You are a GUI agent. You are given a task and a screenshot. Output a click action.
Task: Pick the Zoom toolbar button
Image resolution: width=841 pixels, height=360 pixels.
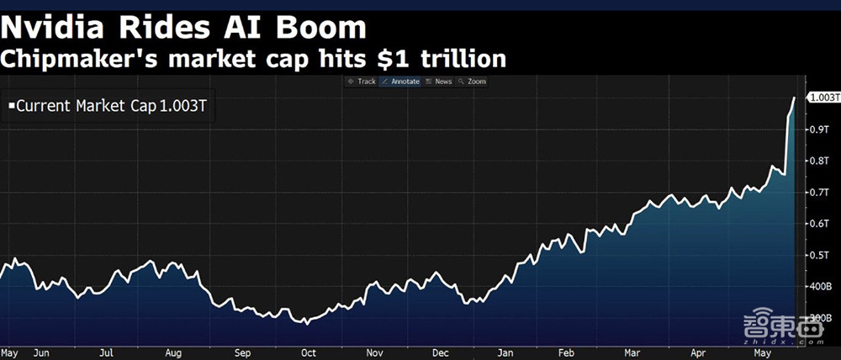[473, 82]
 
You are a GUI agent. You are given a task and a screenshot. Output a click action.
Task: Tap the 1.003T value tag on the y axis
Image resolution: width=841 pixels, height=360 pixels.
[820, 98]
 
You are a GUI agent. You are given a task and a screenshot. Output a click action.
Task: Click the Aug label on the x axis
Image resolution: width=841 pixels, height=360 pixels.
[173, 352]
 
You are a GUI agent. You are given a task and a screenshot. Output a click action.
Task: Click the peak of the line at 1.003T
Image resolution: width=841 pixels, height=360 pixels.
[795, 98]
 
